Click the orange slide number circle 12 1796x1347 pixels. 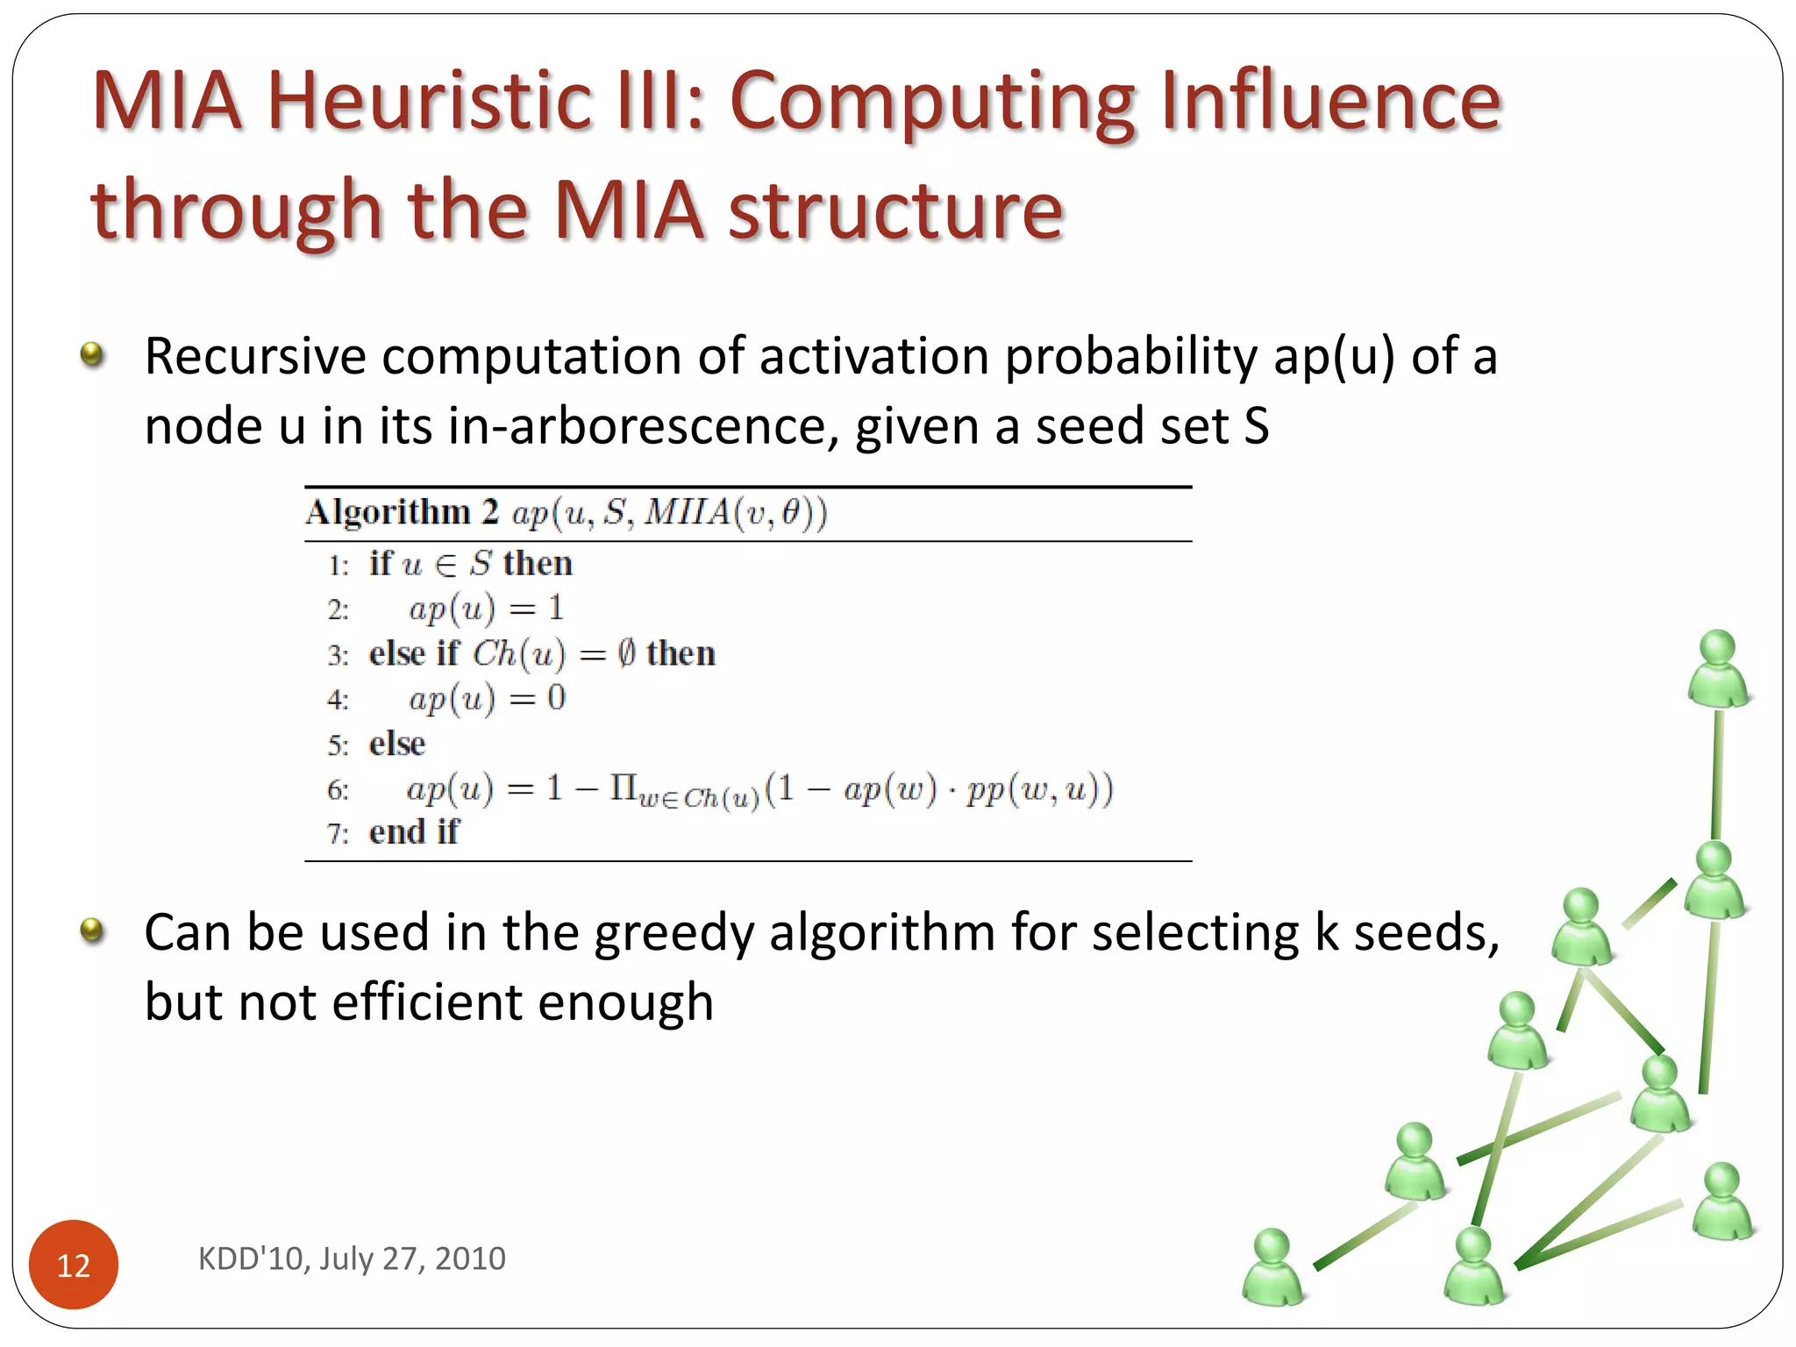74,1264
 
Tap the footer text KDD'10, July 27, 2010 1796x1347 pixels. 352,1258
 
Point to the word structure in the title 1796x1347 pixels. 895,210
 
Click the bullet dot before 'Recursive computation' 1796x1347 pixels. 91,355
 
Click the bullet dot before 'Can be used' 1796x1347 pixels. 91,930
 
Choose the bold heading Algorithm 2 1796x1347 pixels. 402,512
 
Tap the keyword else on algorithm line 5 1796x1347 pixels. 396,745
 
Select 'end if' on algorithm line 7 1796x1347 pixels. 413,832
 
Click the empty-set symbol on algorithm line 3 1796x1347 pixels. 625,653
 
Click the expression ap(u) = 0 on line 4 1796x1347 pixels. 487,699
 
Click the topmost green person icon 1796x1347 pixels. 1717,667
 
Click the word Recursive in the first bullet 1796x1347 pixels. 254,357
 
